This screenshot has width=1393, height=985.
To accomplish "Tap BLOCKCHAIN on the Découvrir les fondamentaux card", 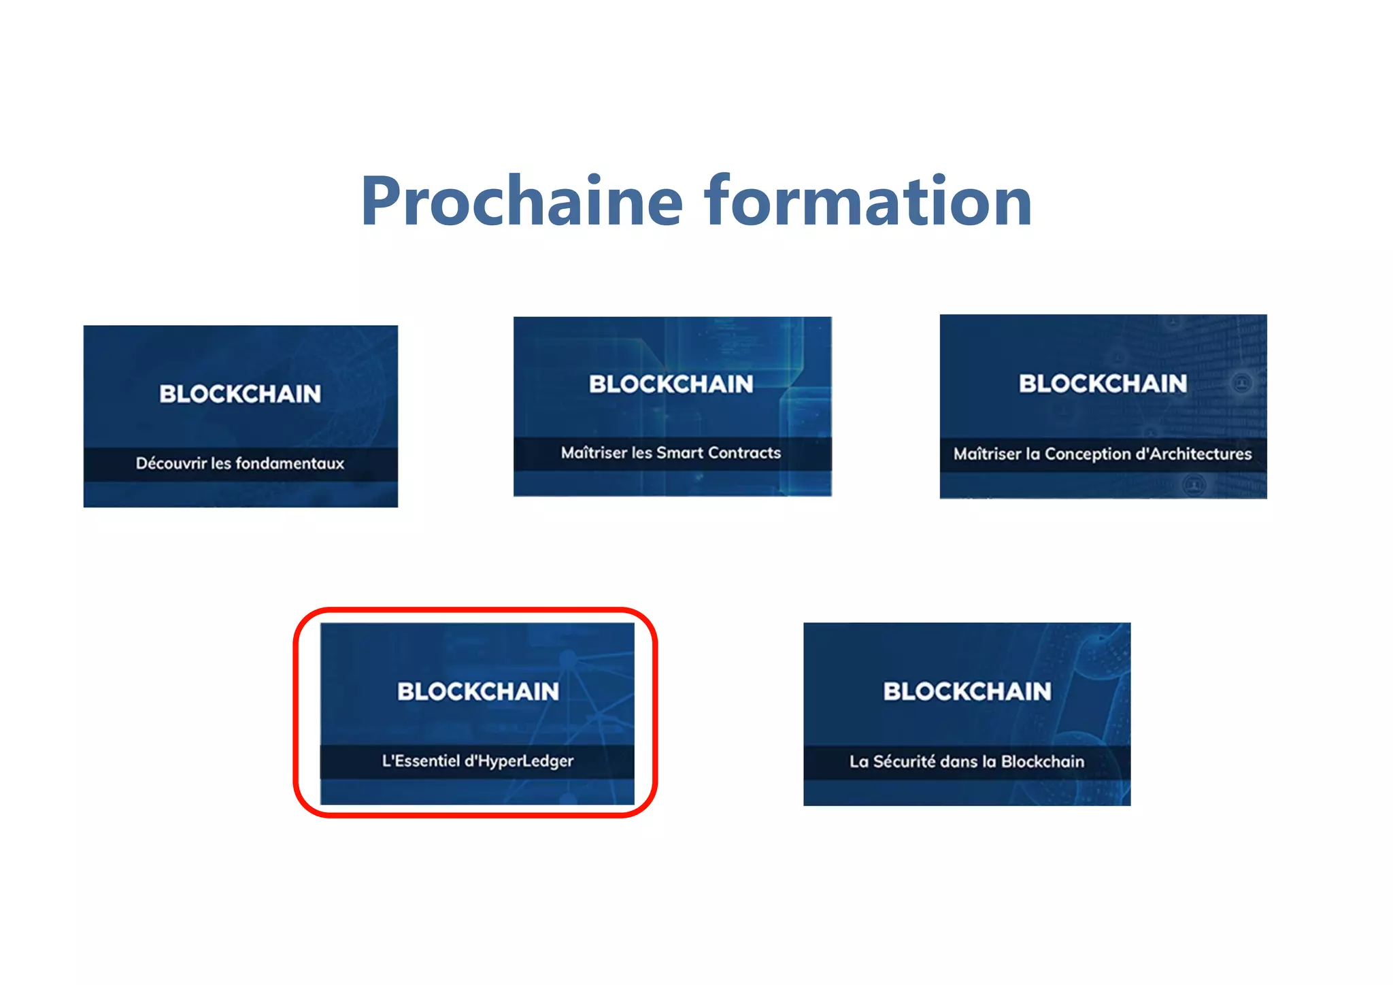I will pos(240,394).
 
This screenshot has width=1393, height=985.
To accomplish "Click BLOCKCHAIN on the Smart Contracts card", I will pos(671,384).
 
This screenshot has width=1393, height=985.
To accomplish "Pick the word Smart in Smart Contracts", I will pos(679,453).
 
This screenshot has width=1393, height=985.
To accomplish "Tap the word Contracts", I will pos(745,453).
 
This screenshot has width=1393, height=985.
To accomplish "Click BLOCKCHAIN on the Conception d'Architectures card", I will pos(1103,384).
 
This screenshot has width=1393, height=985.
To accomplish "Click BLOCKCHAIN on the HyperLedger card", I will pos(478,692).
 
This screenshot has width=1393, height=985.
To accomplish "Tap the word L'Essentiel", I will pos(420,761).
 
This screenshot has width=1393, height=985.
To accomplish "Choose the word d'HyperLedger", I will pos(519,761).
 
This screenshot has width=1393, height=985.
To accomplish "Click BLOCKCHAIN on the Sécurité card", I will pos(967,692).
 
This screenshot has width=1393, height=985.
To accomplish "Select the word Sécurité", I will pos(904,761).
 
